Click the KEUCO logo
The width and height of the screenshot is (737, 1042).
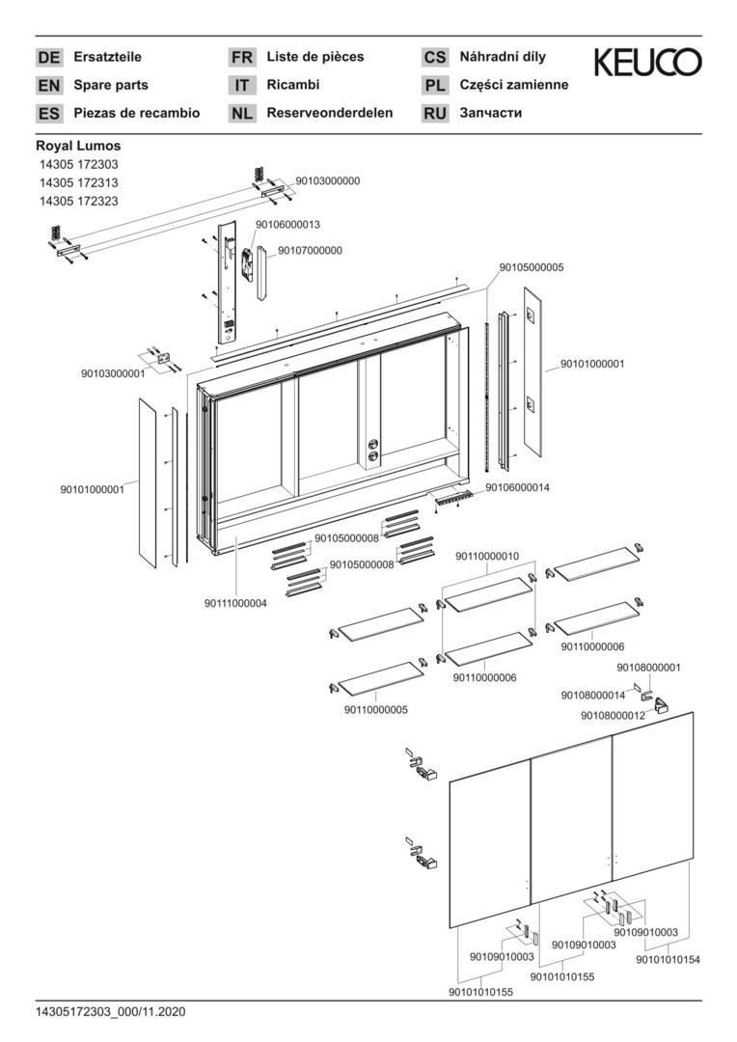(x=647, y=64)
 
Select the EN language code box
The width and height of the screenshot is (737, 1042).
(x=48, y=86)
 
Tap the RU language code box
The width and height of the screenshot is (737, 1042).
(x=435, y=114)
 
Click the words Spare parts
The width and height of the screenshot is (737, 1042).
(x=111, y=85)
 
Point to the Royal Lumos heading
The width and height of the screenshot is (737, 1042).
(x=78, y=146)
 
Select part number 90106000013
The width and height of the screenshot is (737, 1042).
(x=287, y=224)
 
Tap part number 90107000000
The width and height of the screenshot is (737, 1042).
(x=310, y=250)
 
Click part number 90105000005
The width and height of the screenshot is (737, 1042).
(x=532, y=267)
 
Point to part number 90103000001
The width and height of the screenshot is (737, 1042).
(x=113, y=372)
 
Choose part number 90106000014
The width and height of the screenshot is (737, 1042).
(x=517, y=487)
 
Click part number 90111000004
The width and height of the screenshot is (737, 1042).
(x=235, y=603)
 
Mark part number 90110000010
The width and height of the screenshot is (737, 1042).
(x=487, y=557)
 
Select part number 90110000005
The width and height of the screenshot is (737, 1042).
(x=375, y=709)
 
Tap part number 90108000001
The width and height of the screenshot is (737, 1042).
(x=648, y=667)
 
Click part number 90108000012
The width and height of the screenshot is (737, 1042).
(x=613, y=715)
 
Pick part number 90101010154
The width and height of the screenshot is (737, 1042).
(x=668, y=959)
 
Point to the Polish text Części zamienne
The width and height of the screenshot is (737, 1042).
(x=514, y=85)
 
